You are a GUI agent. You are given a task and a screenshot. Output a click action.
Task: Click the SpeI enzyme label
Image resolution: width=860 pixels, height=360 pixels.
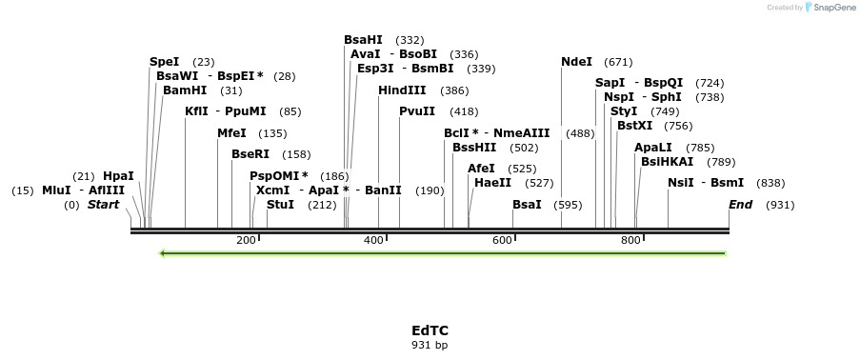pyautogui.click(x=164, y=62)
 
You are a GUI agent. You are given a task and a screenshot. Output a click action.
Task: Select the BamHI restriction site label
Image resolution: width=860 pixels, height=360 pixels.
pyautogui.click(x=185, y=90)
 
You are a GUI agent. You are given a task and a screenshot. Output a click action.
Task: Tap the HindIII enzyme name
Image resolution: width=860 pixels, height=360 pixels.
pyautogui.click(x=402, y=90)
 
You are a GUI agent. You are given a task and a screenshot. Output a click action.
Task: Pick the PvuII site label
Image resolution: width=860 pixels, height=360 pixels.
pyautogui.click(x=417, y=111)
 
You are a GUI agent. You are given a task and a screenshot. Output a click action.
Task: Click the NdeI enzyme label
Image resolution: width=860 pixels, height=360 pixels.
pyautogui.click(x=576, y=62)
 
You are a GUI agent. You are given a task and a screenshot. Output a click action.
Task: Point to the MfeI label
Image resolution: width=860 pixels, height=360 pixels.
pyautogui.click(x=231, y=133)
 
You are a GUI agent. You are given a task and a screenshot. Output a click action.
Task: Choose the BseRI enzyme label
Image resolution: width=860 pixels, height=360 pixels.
pyautogui.click(x=250, y=154)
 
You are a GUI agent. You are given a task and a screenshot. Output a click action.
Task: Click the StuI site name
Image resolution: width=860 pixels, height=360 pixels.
pyautogui.click(x=280, y=205)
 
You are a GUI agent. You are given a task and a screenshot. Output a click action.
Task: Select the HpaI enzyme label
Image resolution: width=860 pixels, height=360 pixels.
pyautogui.click(x=118, y=176)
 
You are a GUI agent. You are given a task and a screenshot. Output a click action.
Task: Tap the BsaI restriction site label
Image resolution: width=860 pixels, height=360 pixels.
pyautogui.click(x=527, y=205)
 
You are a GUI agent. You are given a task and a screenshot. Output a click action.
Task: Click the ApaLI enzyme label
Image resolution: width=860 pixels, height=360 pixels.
pyautogui.click(x=654, y=148)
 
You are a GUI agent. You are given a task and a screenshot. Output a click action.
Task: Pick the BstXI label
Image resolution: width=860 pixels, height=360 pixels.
pyautogui.click(x=634, y=126)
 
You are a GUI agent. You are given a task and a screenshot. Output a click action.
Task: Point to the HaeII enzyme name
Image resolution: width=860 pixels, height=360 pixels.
pyautogui.click(x=492, y=183)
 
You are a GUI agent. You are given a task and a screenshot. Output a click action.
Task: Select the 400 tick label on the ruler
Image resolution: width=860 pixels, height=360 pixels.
pyautogui.click(x=373, y=241)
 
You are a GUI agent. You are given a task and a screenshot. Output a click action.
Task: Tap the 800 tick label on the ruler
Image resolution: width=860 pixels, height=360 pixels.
pyautogui.click(x=630, y=241)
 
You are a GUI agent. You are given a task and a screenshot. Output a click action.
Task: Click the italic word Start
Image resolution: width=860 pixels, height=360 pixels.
pyautogui.click(x=104, y=205)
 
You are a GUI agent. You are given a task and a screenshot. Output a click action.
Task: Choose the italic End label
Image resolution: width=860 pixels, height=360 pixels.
pyautogui.click(x=740, y=205)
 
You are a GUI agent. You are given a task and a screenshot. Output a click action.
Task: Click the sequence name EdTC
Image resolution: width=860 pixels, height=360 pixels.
pyautogui.click(x=430, y=330)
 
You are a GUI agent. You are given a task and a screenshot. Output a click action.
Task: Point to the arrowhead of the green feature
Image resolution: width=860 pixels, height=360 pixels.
pyautogui.click(x=164, y=253)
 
